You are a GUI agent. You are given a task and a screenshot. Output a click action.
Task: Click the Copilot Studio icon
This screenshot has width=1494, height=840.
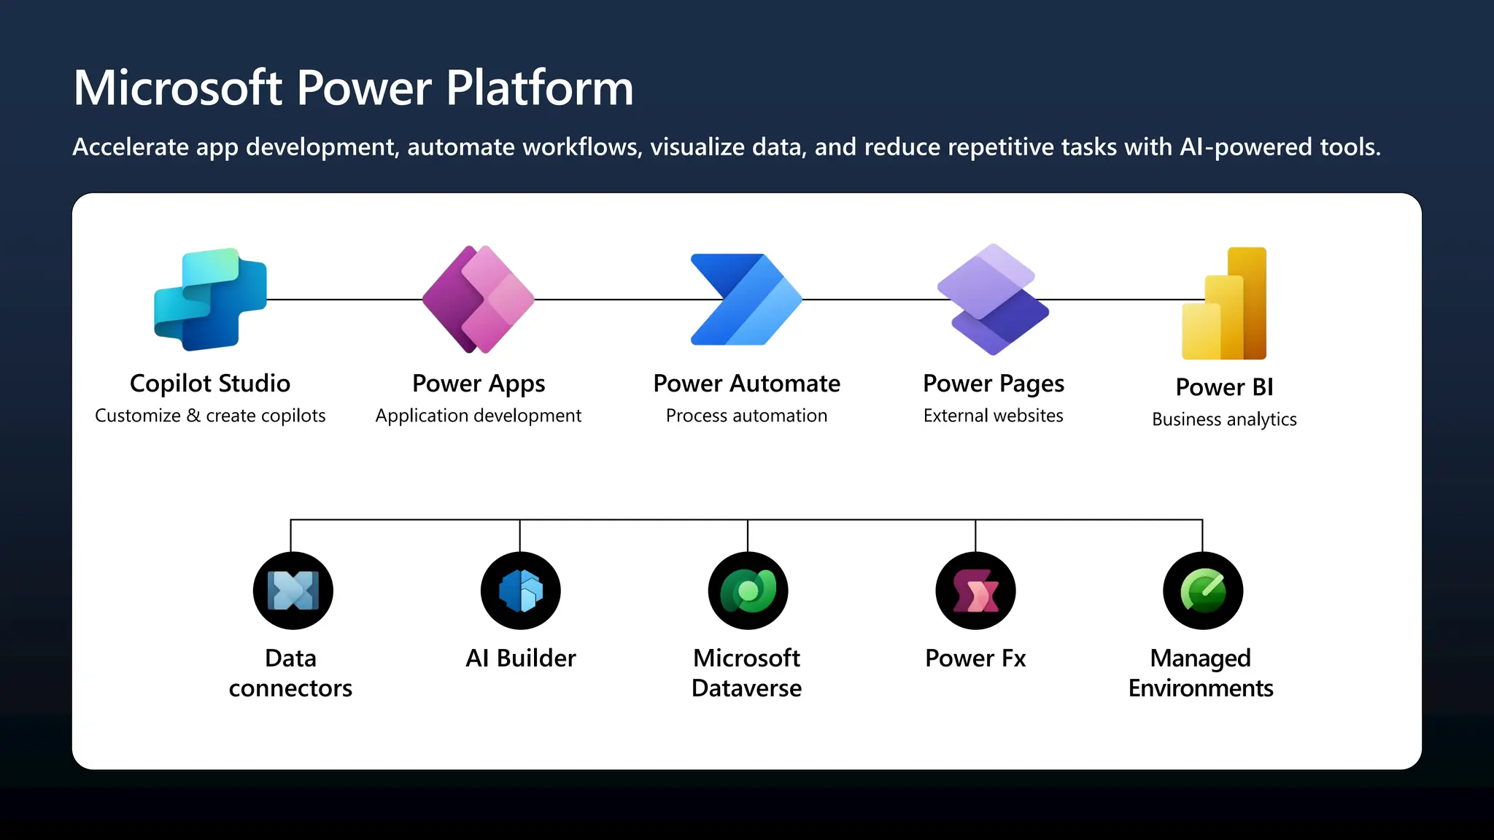click(210, 299)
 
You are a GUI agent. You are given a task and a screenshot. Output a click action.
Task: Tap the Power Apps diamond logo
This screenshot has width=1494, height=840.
click(479, 300)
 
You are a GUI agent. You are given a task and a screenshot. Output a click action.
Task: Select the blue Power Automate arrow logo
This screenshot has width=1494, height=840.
click(746, 300)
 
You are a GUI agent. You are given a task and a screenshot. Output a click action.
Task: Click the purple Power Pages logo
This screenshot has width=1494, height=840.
click(993, 300)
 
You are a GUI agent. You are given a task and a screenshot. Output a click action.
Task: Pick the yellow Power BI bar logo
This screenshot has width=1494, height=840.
click(1226, 304)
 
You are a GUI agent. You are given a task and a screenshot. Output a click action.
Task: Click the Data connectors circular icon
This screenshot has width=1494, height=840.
click(293, 591)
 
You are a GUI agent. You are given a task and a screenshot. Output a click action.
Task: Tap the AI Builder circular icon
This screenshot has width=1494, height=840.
click(520, 591)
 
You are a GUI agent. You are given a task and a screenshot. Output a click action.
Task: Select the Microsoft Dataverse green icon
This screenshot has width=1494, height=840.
click(748, 591)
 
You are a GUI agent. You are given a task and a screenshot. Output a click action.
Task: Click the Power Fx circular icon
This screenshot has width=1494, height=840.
click(975, 591)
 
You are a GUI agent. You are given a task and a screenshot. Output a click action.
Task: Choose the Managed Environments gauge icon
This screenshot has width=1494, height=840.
click(1202, 591)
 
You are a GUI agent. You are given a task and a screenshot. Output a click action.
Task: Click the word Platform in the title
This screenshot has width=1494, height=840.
click(539, 88)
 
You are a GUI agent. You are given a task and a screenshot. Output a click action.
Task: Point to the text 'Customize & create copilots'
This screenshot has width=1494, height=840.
click(210, 416)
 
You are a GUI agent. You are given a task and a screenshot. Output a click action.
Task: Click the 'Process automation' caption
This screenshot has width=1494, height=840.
click(746, 416)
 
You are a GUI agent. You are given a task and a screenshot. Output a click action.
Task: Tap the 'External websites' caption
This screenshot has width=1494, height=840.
click(993, 416)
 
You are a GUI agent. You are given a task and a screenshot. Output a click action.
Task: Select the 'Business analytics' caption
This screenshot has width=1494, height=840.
click(1224, 419)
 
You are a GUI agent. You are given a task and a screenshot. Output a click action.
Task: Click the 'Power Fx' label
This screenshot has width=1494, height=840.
click(975, 658)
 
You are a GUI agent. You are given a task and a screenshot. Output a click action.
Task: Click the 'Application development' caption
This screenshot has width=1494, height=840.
click(479, 416)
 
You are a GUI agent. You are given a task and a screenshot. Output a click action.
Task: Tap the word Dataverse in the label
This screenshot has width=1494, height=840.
click(746, 688)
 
